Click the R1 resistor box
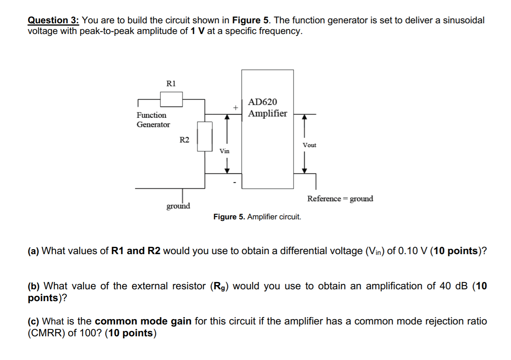click(x=171, y=99)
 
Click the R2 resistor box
click(x=205, y=136)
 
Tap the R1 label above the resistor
click(x=171, y=83)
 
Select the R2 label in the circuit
click(x=184, y=140)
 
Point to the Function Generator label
click(x=153, y=120)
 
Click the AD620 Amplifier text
click(x=267, y=108)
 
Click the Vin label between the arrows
click(x=225, y=151)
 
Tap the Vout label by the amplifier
click(x=309, y=145)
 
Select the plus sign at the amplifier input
click(x=236, y=107)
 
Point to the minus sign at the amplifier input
click(x=235, y=183)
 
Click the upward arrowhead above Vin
click(x=227, y=118)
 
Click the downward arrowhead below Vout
click(x=304, y=170)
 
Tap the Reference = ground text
click(x=340, y=199)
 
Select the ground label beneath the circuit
click(x=178, y=206)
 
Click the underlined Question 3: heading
click(x=53, y=20)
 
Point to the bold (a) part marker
click(x=33, y=251)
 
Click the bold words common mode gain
click(x=143, y=321)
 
